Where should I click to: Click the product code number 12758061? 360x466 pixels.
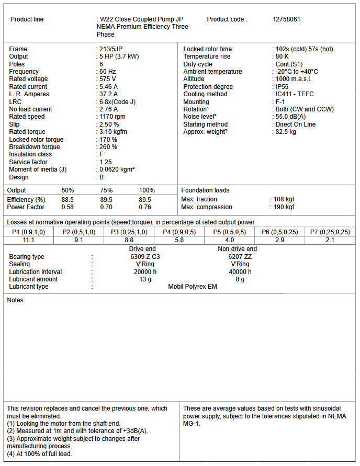(x=286, y=19)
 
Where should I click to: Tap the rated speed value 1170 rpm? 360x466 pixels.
(x=113, y=117)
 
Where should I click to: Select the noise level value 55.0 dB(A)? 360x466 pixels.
(x=290, y=117)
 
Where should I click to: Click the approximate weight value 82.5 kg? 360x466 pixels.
(x=286, y=132)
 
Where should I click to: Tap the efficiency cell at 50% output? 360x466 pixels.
(x=67, y=200)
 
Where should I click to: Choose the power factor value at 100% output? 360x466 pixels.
(x=145, y=207)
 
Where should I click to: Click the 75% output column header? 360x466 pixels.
(x=106, y=190)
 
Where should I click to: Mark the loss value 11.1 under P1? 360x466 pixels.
(x=28, y=240)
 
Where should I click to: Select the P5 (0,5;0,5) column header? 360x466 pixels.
(x=229, y=232)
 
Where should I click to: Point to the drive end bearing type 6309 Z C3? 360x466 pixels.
(x=145, y=257)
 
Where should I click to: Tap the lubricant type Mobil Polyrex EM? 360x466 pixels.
(x=192, y=287)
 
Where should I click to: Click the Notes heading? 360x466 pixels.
(x=15, y=300)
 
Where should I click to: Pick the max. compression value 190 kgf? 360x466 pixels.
(x=284, y=207)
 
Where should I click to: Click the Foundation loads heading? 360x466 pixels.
(x=205, y=190)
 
